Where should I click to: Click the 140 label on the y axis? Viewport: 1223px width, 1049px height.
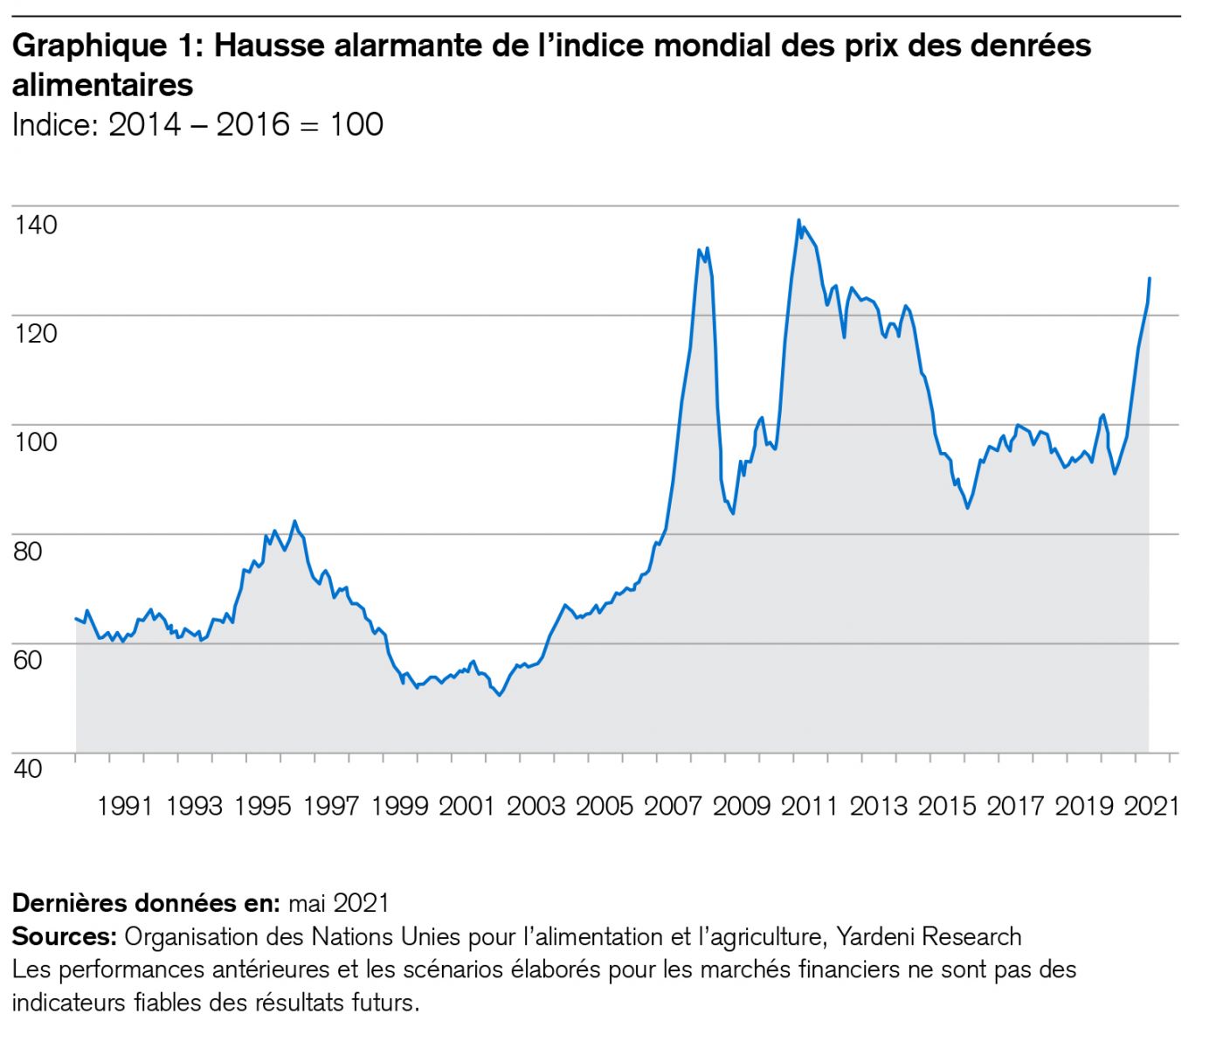coord(36,225)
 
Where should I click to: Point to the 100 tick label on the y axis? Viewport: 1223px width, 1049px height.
coord(36,441)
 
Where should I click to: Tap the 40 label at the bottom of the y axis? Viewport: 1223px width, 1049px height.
coord(27,768)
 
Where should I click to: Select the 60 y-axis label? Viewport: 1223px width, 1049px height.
coord(27,659)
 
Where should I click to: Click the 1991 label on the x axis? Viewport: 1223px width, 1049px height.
coord(125,805)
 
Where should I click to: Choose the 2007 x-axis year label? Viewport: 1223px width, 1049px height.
coord(672,805)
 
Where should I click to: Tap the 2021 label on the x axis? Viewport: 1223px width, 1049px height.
coord(1151,805)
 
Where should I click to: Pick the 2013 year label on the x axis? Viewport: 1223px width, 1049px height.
coord(878,805)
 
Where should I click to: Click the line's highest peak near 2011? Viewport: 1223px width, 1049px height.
coord(798,220)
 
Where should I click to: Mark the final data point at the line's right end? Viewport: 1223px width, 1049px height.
coord(1149,278)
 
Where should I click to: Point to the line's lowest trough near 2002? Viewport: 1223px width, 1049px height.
coord(499,695)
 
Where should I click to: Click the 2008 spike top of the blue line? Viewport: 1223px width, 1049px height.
coord(699,250)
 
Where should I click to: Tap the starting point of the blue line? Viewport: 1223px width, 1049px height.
coord(76,618)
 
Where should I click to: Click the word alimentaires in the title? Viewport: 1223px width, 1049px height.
coord(102,85)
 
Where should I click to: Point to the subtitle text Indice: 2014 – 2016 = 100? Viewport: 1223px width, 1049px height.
coord(197,124)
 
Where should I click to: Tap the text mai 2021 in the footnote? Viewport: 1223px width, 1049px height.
coord(338,902)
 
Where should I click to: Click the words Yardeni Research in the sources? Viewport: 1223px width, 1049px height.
coord(929,936)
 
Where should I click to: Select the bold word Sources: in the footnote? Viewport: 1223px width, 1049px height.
coord(64,936)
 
